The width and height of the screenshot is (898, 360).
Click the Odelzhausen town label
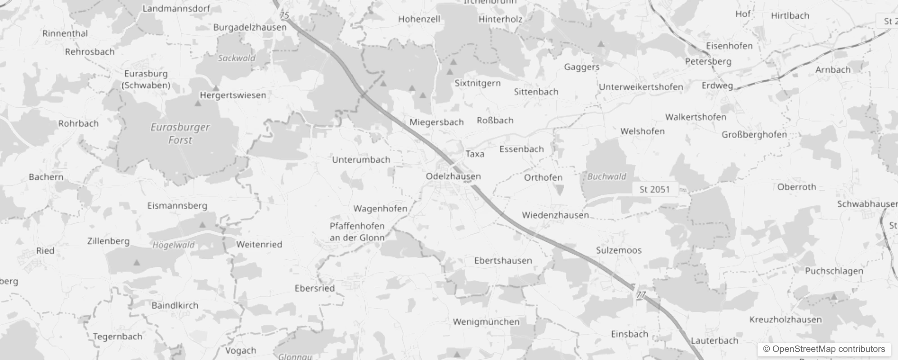[453, 176]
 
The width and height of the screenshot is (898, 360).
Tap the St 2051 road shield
[654, 189]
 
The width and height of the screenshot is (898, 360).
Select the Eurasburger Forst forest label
[180, 134]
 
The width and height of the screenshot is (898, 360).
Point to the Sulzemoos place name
[619, 250]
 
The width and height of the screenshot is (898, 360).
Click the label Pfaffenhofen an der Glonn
[357, 232]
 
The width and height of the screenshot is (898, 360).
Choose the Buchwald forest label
[606, 177]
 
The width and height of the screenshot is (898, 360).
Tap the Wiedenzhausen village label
[555, 215]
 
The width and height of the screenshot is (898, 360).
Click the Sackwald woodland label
[236, 58]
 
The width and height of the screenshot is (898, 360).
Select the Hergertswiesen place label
[233, 95]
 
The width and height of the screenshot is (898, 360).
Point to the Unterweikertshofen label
[641, 87]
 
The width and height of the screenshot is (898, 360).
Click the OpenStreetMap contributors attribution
[824, 349]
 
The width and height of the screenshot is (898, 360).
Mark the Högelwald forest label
[173, 245]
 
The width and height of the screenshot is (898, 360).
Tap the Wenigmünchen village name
[486, 322]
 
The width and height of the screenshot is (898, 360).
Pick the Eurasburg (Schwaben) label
[146, 79]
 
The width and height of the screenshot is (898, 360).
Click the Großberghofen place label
[754, 135]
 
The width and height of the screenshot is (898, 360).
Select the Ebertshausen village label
[503, 261]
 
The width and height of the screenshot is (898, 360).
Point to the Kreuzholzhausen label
[785, 319]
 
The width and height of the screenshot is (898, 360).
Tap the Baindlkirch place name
[175, 305]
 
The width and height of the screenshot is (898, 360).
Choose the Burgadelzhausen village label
[250, 27]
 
